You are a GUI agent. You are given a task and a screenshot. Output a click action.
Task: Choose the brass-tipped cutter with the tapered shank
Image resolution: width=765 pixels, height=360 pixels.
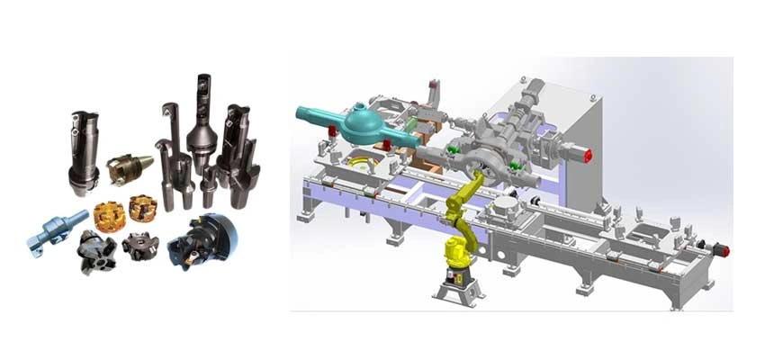pos(122,167)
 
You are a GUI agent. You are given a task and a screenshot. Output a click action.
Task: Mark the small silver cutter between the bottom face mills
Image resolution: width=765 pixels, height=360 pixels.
pos(139,244)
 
